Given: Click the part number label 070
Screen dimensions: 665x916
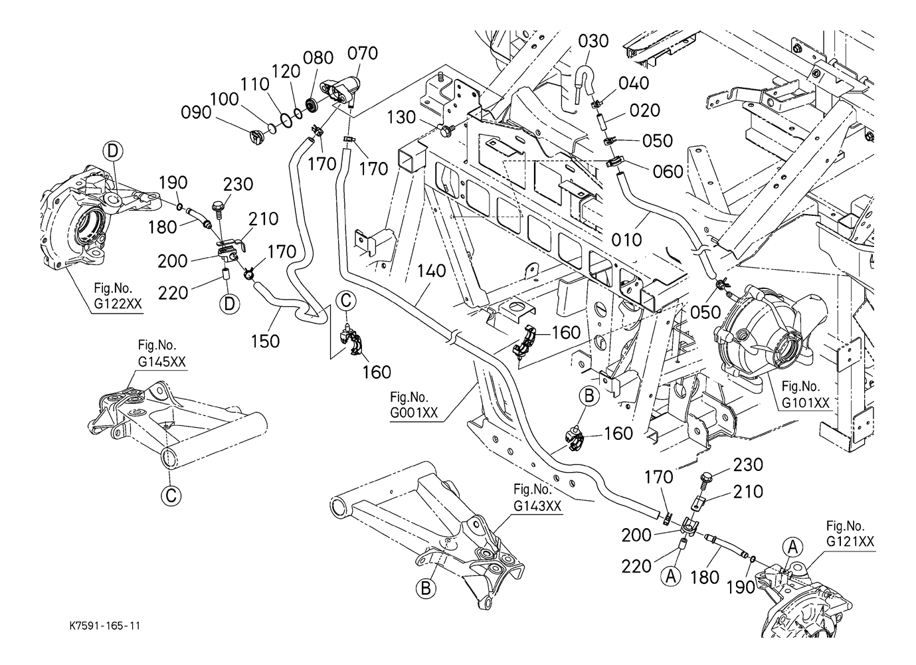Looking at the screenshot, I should pyautogui.click(x=363, y=53).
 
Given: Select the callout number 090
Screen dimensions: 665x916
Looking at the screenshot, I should pyautogui.click(x=197, y=112).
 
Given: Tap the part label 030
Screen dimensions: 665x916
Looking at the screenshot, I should pyautogui.click(x=593, y=41).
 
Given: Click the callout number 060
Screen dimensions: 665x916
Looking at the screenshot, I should pyautogui.click(x=668, y=171).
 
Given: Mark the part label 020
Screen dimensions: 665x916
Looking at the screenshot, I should pyautogui.click(x=645, y=110).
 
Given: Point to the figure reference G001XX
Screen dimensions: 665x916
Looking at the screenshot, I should pyautogui.click(x=414, y=413).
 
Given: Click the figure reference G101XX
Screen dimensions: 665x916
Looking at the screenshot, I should pyautogui.click(x=805, y=403).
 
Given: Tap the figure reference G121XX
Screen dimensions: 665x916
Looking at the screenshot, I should pyautogui.click(x=850, y=542).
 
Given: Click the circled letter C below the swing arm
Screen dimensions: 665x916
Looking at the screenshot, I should pyautogui.click(x=171, y=494).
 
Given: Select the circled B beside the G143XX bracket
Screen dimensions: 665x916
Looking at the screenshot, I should pyautogui.click(x=426, y=587).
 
